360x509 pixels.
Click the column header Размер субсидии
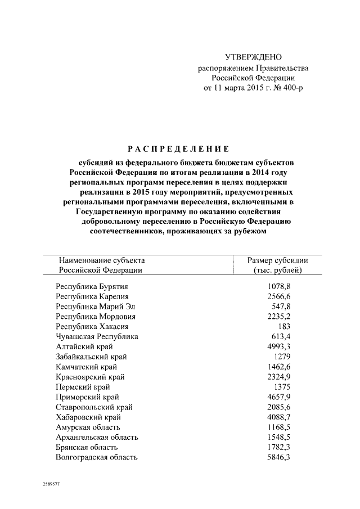point(278,260)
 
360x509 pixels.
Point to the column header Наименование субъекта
point(102,260)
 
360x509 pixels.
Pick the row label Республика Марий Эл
point(95,307)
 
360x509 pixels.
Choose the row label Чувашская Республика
point(97,336)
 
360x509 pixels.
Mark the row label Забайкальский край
point(91,357)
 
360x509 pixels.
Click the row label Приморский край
point(87,397)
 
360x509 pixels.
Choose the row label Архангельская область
point(97,437)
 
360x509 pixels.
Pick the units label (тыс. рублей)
point(278,271)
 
